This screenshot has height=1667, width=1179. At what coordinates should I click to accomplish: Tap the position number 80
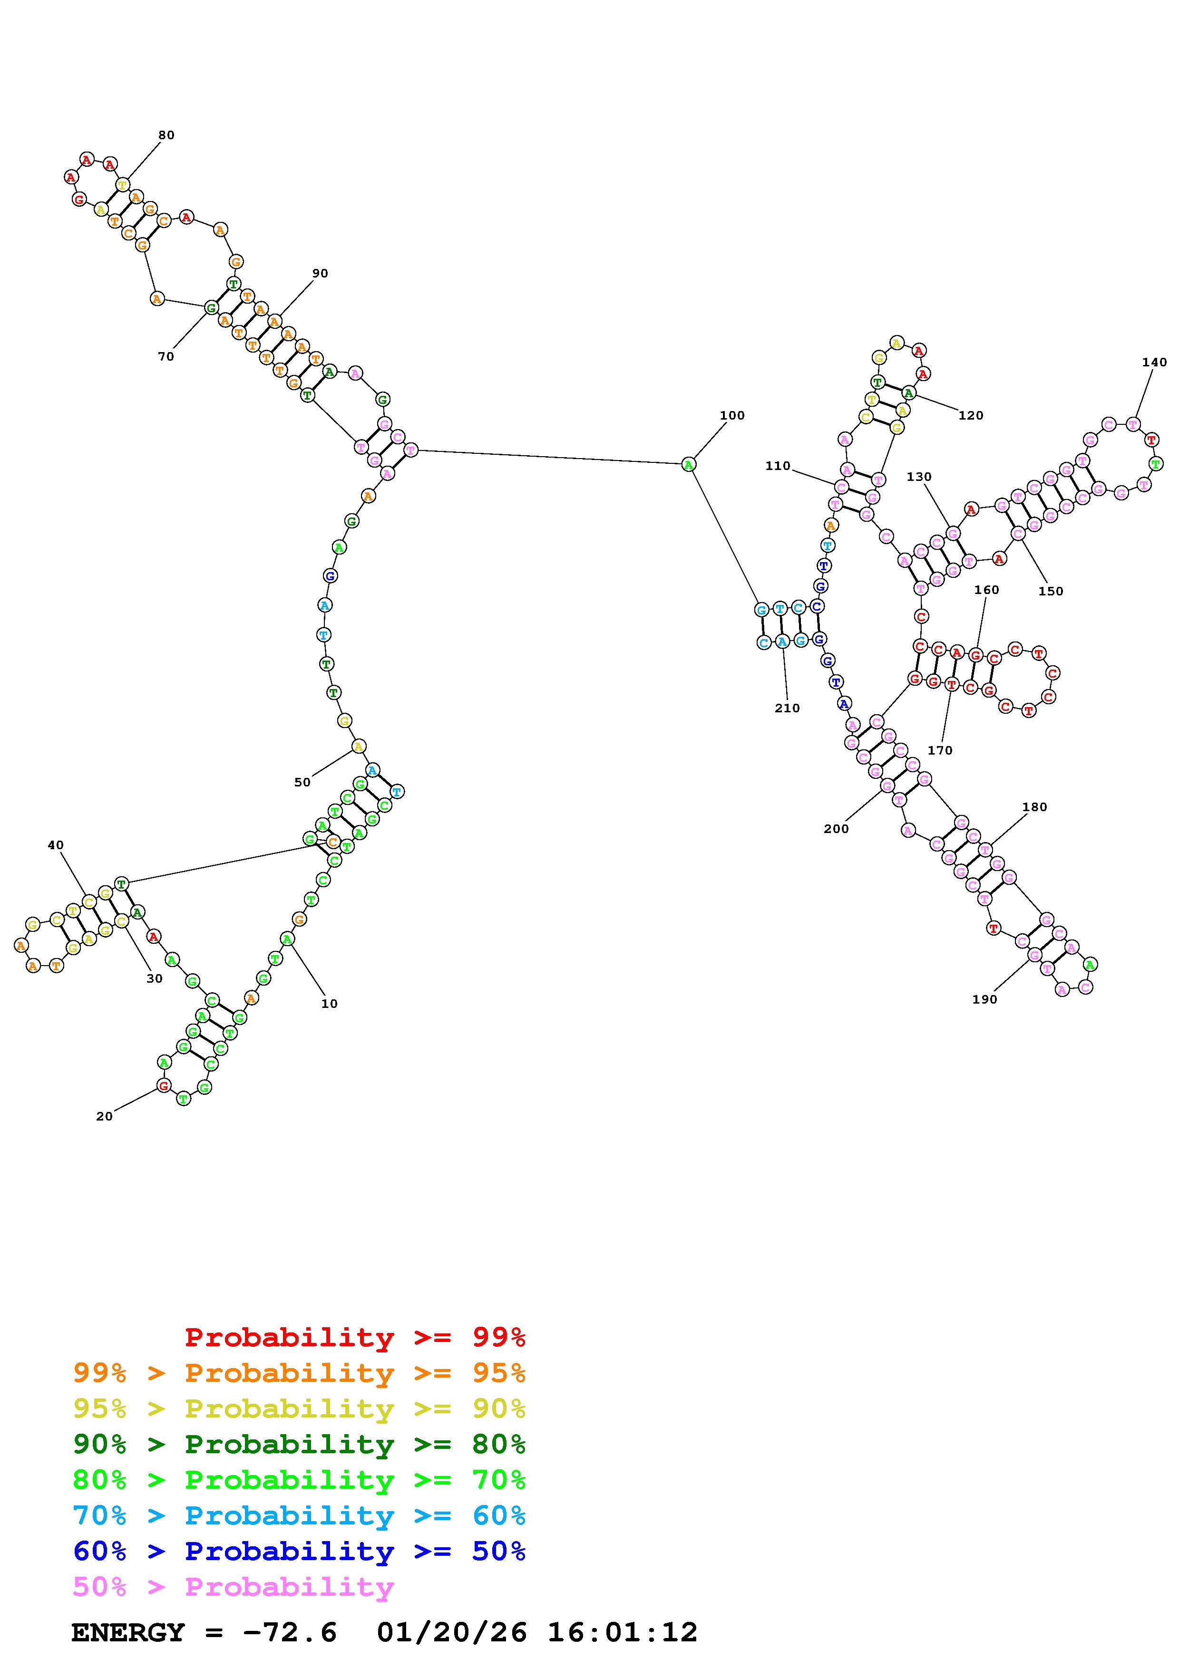point(166,135)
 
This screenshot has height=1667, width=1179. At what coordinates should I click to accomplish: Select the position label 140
point(1154,362)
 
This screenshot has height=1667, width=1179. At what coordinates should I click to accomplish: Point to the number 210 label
point(787,708)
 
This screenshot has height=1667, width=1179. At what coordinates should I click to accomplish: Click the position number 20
point(105,1116)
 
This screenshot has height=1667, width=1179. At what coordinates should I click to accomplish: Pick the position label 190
point(984,999)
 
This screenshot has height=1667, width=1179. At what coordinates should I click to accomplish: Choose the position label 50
point(302,782)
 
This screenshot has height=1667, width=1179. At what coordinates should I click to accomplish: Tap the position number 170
point(939,750)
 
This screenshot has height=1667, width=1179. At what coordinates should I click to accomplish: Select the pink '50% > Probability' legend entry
point(233,1586)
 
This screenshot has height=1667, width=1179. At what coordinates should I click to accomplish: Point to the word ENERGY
point(128,1632)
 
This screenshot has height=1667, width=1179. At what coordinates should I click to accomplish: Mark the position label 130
point(918,477)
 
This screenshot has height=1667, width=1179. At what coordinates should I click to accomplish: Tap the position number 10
point(329,1004)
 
